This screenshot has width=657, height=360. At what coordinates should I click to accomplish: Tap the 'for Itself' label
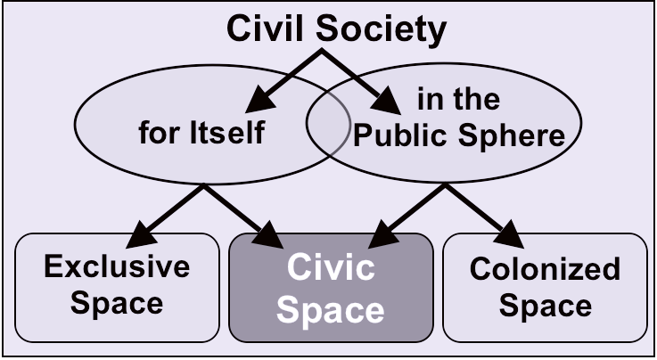coord(201,134)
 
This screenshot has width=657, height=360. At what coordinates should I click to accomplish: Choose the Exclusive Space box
coord(118,287)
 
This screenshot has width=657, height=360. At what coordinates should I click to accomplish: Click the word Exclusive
coord(118,266)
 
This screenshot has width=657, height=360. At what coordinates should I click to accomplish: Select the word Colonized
coord(545,268)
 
